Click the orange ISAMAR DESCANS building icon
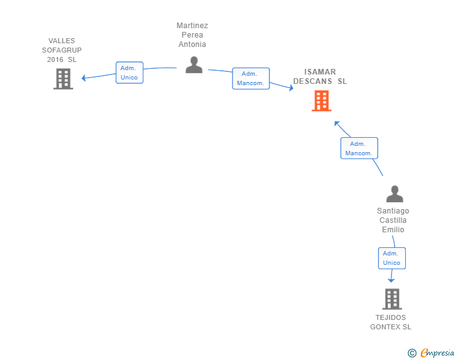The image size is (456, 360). pos(321,101)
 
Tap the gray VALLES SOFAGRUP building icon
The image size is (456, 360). pos(63,79)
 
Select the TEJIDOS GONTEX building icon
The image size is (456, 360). pos(392,299)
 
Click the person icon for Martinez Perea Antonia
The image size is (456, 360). pos(194,65)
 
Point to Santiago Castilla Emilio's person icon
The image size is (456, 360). pos(395,193)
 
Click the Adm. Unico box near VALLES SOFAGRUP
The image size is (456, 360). pos(130,73)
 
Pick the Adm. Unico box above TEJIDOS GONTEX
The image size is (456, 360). pos(391,258)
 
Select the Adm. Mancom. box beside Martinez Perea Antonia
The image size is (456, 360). pos(251,78)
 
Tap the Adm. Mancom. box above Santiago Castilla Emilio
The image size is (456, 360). pos(359,148)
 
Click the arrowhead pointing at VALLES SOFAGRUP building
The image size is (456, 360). pos(84,78)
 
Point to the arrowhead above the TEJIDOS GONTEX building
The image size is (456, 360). pos(391,280)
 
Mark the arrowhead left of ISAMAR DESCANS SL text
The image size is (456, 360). pos(291,88)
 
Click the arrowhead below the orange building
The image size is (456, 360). pos(337,124)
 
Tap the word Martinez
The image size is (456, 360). pos(192,26)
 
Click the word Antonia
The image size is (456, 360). pos(192,44)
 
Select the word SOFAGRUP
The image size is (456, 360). pos(61,50)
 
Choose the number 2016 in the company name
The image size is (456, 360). pos(55,59)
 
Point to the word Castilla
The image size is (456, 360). pos(393,220)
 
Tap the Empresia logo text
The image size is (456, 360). pos(437,352)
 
